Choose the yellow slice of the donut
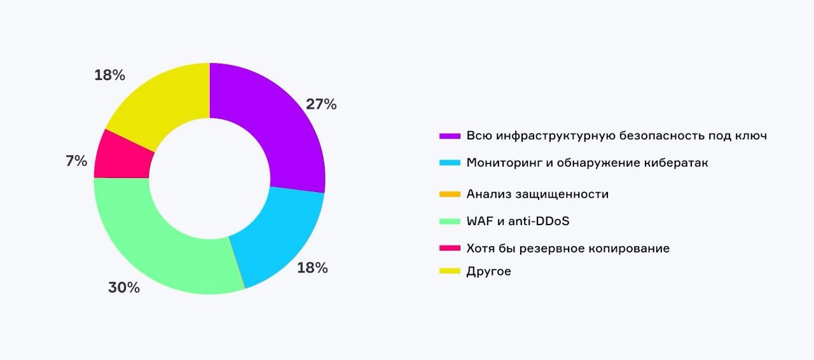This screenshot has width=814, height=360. coord(165,102)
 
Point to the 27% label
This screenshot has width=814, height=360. coord(321,104)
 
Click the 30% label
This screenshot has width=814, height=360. coord(123,287)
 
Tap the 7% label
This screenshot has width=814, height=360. coord(76,161)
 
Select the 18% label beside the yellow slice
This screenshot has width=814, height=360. coord(109,75)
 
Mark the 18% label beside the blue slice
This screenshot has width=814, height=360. coord(312,268)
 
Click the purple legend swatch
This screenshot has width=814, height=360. coord(450,136)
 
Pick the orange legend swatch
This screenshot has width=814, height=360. coord(450,194)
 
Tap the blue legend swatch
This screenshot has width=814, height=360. coord(450,163)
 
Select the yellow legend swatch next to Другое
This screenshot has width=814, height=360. coord(450,272)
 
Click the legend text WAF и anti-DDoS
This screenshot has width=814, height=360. coord(518,221)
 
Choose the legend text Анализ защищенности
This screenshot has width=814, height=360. coord(537,194)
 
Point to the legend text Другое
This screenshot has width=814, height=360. coord(488,272)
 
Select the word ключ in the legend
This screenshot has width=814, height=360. coord(749,135)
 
